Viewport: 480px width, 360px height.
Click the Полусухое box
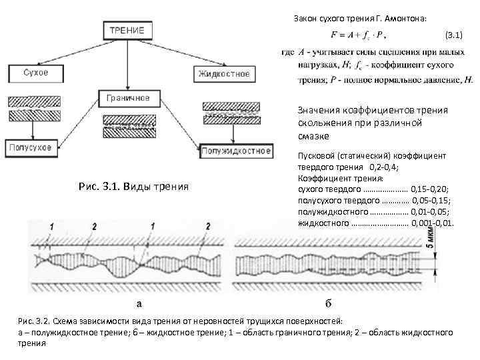point(29,147)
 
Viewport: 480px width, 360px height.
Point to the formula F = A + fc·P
point(357,34)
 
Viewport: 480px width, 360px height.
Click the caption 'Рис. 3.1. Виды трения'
point(133,187)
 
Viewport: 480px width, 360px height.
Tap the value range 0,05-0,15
point(431,201)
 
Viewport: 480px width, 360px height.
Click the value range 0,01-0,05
point(431,211)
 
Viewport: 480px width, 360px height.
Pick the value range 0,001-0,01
point(433,222)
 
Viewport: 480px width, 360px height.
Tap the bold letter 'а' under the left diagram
point(139,305)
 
